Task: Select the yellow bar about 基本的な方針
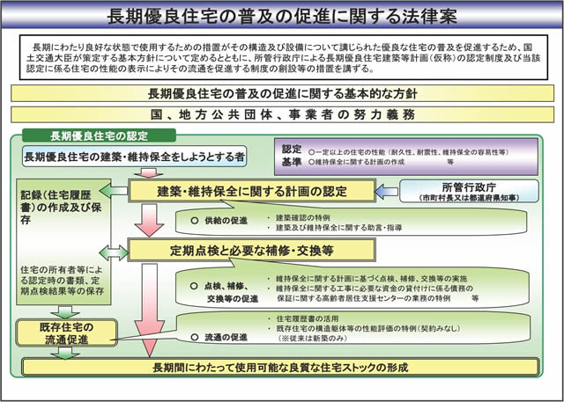pos(282,94)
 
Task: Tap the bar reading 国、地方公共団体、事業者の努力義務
pos(282,114)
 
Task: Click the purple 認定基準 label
pos(292,156)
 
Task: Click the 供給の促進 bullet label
pos(221,220)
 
